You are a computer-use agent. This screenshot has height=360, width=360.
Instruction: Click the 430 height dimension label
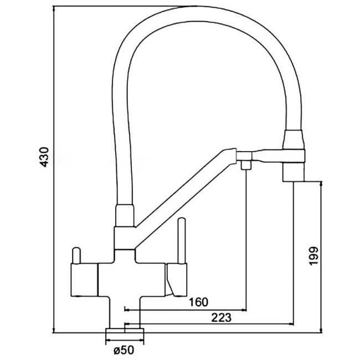44,157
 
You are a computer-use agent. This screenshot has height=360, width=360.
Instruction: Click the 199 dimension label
313,256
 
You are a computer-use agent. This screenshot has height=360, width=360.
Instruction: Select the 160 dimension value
198,302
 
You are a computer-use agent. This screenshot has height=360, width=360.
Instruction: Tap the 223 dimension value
222,318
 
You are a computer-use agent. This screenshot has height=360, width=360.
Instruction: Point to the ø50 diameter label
124,351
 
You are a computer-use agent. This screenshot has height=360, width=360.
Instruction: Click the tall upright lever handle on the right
182,240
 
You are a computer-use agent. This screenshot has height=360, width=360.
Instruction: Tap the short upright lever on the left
76,255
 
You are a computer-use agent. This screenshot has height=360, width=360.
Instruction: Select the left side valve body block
84,280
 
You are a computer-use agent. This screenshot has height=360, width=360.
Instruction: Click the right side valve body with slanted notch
176,280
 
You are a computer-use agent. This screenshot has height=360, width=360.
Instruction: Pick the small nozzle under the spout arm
246,165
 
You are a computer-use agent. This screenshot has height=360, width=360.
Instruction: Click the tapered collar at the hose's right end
294,140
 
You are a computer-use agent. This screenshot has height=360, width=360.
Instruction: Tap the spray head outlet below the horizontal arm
294,172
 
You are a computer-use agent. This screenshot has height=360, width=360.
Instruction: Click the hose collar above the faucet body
125,215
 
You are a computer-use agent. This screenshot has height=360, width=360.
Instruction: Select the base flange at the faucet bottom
125,331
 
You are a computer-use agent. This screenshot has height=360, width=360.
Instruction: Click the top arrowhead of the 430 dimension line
54,9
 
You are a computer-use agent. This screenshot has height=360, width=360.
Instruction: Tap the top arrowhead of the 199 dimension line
321,184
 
